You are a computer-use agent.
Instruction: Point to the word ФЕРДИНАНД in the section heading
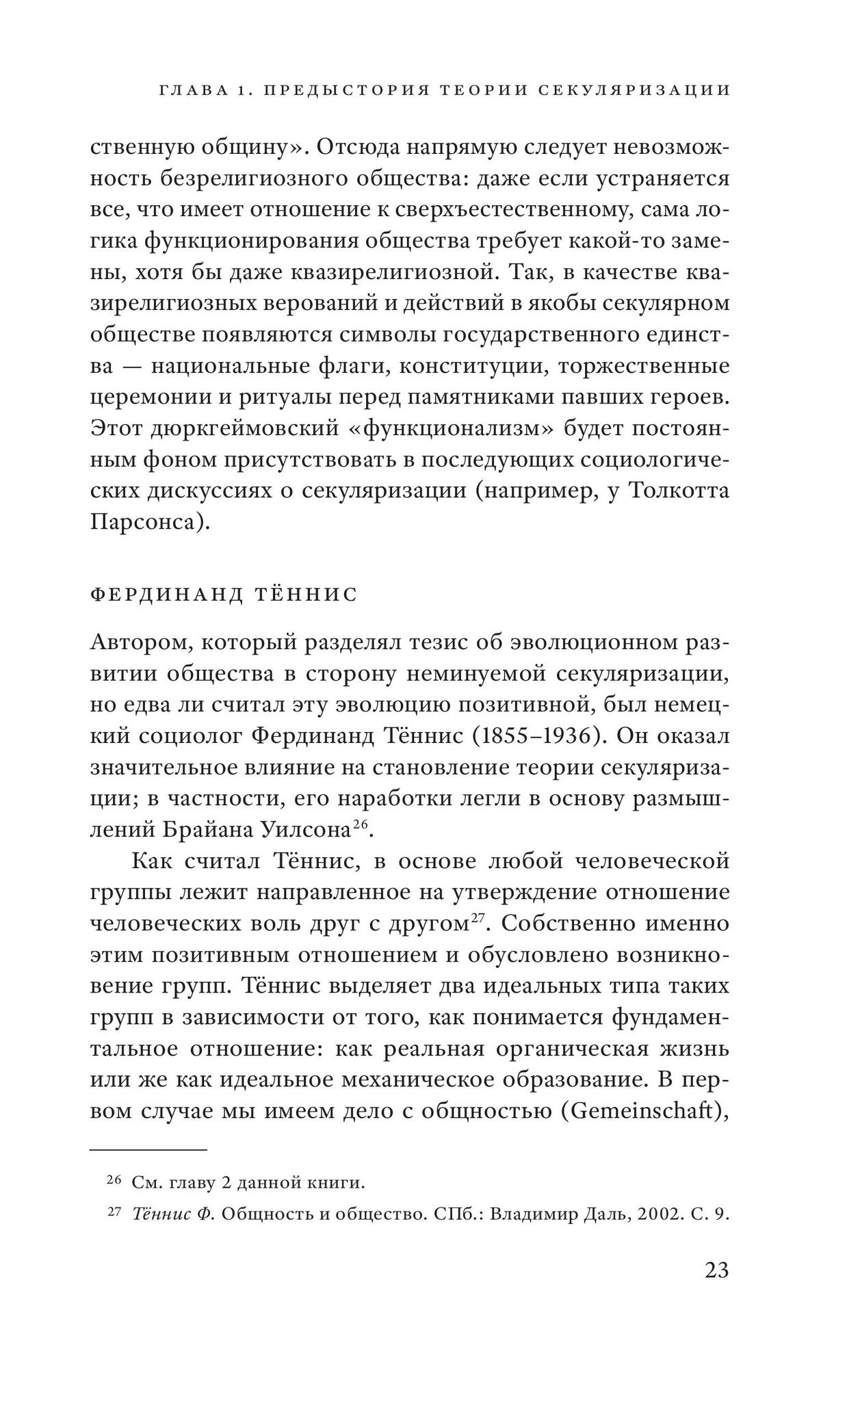pos(166,595)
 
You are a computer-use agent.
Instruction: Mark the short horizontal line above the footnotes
pos(148,1151)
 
